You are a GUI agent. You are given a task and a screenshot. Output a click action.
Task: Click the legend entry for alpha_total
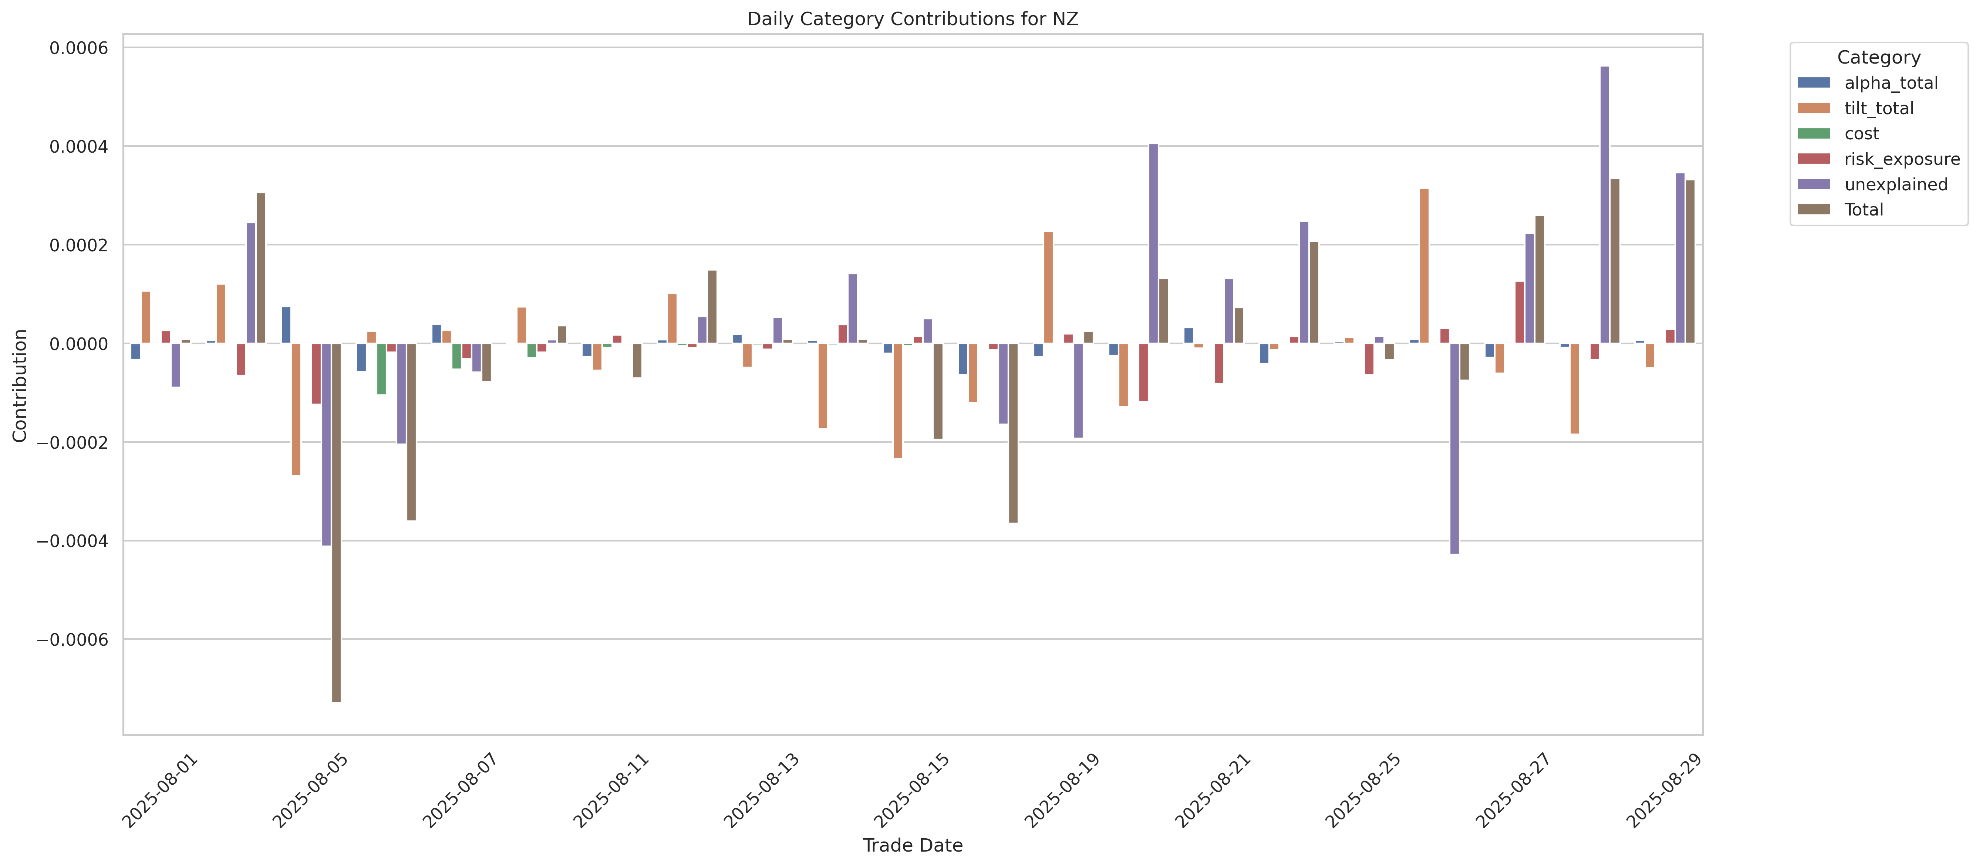point(1891,83)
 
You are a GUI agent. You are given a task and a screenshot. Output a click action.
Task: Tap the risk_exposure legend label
point(1901,159)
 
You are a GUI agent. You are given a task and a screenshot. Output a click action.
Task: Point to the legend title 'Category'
point(1878,58)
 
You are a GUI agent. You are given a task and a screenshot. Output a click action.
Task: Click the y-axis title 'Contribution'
point(20,386)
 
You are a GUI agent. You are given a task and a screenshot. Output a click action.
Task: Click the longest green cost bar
point(381,369)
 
